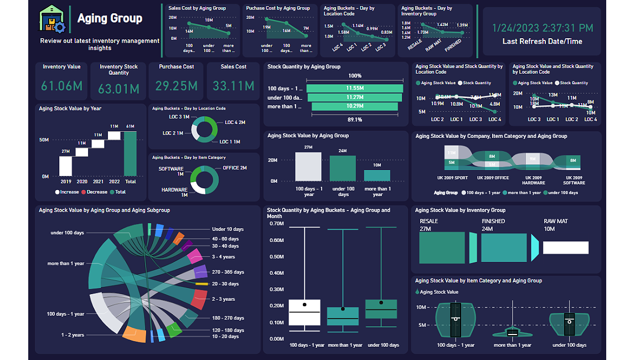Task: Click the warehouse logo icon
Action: click(53, 20)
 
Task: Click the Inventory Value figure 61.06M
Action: click(61, 86)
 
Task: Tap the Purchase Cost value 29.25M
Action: click(177, 86)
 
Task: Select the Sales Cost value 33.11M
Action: click(234, 86)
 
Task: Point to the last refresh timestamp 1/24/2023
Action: click(542, 28)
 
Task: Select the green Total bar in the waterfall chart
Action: click(130, 153)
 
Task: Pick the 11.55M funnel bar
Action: click(354, 89)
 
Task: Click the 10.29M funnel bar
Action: click(354, 106)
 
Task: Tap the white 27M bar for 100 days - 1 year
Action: click(308, 166)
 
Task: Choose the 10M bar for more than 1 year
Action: click(377, 176)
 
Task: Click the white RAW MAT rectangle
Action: click(565, 248)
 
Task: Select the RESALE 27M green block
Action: click(442, 247)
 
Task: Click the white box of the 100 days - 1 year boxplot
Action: click(304, 312)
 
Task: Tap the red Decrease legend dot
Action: click(84, 192)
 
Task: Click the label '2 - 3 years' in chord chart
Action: click(224, 299)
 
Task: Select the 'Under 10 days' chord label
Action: click(228, 229)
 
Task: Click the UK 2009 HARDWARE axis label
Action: click(534, 181)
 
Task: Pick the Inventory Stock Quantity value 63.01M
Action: click(118, 89)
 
